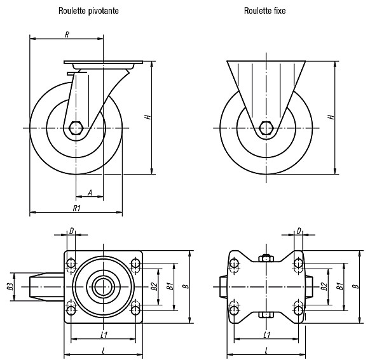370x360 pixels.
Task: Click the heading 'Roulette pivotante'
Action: [x=88, y=11]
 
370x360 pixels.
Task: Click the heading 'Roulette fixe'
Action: [x=264, y=11]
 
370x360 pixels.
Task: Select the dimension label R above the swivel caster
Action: [x=67, y=35]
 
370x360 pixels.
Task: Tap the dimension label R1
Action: [x=77, y=208]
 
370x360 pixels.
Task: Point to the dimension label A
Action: [x=90, y=193]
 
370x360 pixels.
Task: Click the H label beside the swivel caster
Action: [x=147, y=117]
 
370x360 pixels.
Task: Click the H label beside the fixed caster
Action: [x=331, y=117]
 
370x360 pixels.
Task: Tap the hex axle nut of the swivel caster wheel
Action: [x=76, y=128]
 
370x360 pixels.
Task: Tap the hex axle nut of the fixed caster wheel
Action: [x=266, y=128]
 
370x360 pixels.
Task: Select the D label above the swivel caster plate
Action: [x=71, y=231]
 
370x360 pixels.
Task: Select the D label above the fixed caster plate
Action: [x=299, y=231]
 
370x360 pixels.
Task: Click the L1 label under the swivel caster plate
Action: [x=104, y=335]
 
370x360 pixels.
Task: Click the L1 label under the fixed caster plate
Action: [x=266, y=335]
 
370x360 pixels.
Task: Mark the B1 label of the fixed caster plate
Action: [x=339, y=286]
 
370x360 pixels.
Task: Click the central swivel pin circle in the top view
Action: [x=103, y=286]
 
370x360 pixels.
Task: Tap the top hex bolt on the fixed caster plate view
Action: [x=266, y=258]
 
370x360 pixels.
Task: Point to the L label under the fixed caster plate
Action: [x=266, y=351]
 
